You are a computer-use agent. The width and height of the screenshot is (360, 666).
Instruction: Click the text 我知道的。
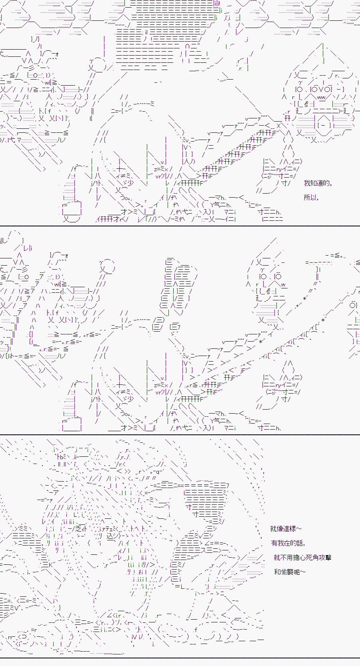(318, 183)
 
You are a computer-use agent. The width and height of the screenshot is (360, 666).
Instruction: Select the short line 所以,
(311, 198)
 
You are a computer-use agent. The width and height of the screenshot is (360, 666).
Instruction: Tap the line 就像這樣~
(286, 529)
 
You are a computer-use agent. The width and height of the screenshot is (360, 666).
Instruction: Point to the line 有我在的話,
(288, 543)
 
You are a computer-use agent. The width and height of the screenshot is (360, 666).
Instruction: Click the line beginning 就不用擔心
(302, 557)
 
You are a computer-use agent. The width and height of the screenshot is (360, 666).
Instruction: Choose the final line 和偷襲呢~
(290, 572)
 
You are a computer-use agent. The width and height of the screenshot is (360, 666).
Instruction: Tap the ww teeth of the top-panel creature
(321, 97)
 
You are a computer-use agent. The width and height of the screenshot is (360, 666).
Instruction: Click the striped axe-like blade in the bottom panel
(205, 502)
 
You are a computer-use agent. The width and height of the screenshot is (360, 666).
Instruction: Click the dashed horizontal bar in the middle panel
(319, 263)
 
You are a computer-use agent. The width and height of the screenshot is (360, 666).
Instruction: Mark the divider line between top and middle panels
(180, 226)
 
